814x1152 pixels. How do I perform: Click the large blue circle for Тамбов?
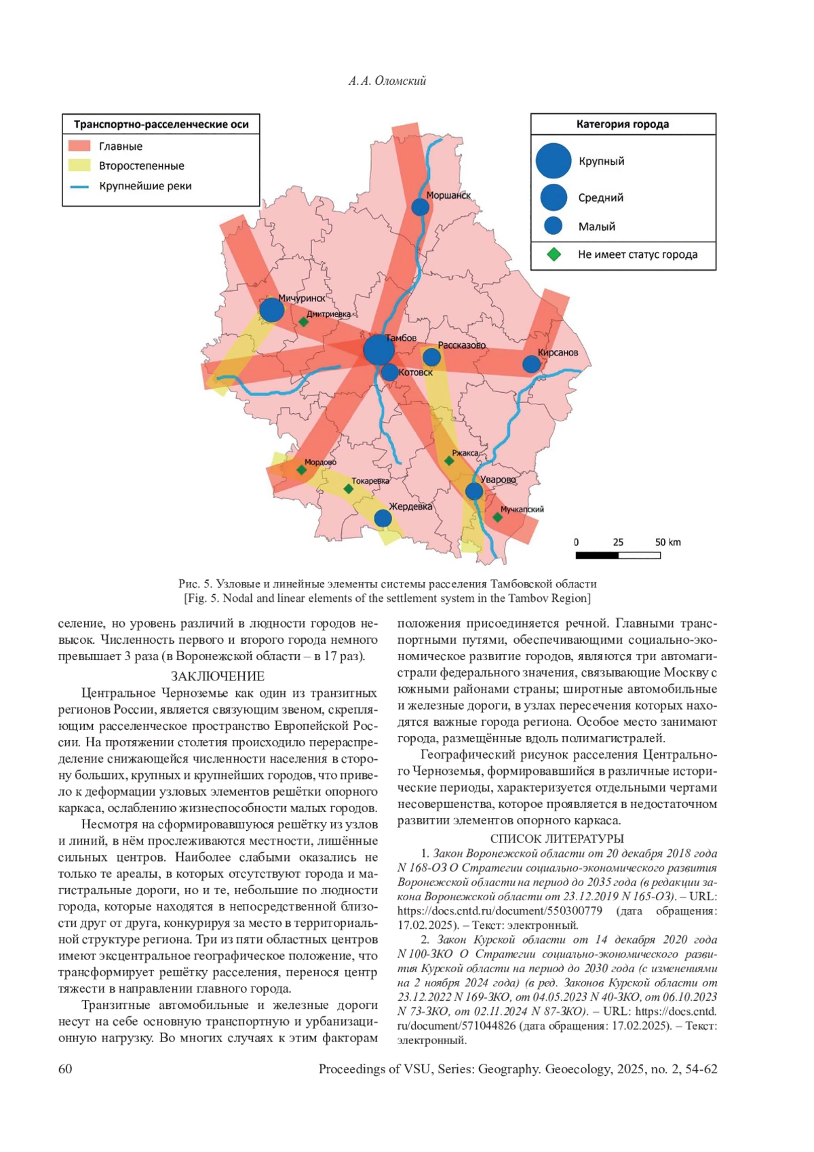[379, 350]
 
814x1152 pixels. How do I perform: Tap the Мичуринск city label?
[302, 298]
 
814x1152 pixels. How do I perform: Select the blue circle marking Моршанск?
[421, 207]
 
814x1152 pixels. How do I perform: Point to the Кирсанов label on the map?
[558, 353]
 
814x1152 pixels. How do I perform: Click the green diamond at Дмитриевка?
[304, 322]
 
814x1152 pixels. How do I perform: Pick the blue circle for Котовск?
[389, 372]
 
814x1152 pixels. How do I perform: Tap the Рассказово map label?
[462, 345]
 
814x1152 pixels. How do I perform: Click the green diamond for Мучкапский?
[497, 518]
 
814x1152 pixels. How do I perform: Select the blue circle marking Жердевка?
[383, 518]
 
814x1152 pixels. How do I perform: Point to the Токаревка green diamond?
[349, 488]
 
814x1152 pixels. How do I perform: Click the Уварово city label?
[498, 480]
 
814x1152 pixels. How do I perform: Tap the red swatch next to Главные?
[79, 146]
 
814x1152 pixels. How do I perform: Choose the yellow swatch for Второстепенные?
[79, 166]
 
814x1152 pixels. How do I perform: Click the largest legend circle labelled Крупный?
[554, 161]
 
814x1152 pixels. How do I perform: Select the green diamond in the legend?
[554, 254]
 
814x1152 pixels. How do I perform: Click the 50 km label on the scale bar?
[667, 542]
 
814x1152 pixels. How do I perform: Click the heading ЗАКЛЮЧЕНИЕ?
[217, 676]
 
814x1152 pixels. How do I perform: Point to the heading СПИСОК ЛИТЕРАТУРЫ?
[556, 839]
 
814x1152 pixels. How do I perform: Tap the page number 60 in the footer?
[65, 1069]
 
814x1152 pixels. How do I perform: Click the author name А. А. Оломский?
[387, 81]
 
